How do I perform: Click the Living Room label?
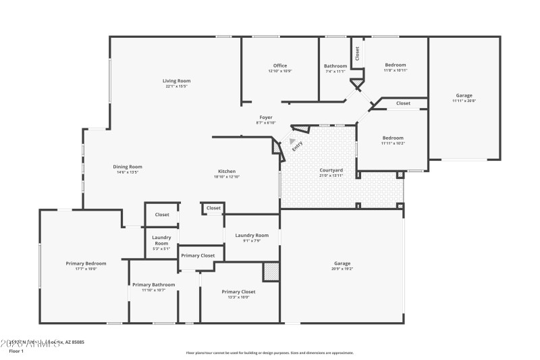[x=176, y=81]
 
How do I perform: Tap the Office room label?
[x=280, y=66]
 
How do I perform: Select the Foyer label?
[x=266, y=118]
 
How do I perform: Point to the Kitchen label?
[x=226, y=172]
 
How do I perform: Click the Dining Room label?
[x=127, y=167]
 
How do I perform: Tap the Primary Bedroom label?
[x=86, y=263]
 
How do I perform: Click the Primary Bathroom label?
[x=153, y=284]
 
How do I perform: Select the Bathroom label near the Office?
[x=335, y=66]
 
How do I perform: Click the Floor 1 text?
[x=16, y=351]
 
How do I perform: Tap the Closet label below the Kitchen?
[x=213, y=208]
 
